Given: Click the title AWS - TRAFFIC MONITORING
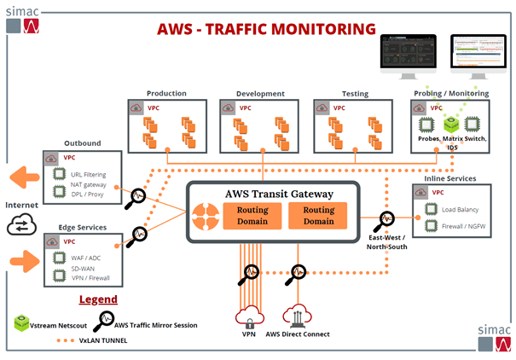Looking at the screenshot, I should click(x=267, y=28).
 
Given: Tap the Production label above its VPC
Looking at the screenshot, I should click(x=166, y=93).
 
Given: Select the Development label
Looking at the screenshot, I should click(x=259, y=93).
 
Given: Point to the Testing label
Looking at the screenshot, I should click(x=354, y=93).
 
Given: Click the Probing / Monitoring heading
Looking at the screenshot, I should click(x=451, y=93).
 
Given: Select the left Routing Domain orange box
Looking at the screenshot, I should click(x=252, y=215).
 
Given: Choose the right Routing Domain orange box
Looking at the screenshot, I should click(x=318, y=215).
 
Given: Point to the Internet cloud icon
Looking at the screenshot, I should click(x=20, y=225).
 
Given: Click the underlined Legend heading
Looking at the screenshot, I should click(x=98, y=299).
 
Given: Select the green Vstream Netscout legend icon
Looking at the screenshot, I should click(x=21, y=324).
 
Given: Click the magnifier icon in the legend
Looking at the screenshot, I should click(x=104, y=322).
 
